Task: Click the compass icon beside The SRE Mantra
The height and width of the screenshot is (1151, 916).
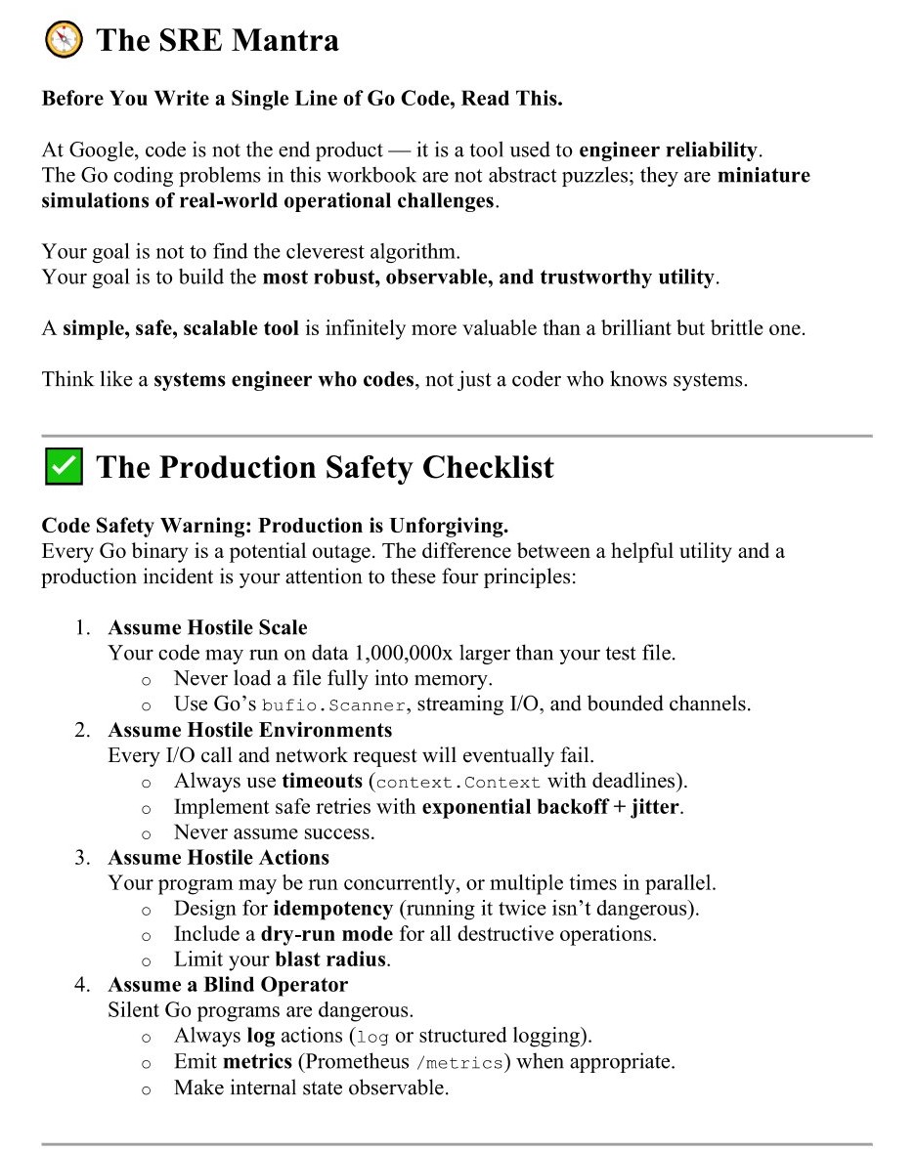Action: (x=64, y=40)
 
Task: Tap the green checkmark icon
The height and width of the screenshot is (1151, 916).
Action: (x=64, y=467)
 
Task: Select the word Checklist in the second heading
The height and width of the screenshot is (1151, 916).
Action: (x=488, y=467)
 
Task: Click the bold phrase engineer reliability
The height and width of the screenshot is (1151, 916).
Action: (x=669, y=150)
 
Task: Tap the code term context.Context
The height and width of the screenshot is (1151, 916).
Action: (x=458, y=782)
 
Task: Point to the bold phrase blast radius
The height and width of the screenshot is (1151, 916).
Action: (x=330, y=959)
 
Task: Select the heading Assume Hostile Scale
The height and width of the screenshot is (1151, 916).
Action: (x=207, y=627)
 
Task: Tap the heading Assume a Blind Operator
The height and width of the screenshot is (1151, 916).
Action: (x=228, y=985)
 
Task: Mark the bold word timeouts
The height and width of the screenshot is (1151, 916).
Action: (x=322, y=781)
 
